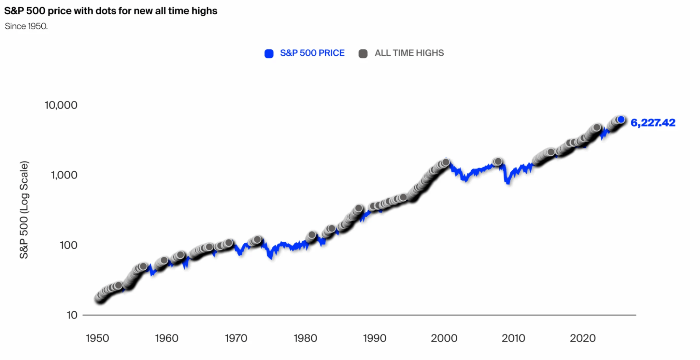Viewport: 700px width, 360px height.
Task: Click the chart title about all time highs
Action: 111,11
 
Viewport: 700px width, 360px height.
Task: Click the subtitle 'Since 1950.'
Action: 26,26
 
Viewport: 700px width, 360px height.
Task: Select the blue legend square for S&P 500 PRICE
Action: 269,54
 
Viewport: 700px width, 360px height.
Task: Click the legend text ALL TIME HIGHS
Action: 409,53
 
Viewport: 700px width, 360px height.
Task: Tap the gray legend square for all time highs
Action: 363,54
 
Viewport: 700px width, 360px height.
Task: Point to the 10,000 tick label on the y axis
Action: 61,105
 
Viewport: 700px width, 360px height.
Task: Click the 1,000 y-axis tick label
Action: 64,175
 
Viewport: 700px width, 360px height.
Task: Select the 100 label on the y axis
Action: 68,245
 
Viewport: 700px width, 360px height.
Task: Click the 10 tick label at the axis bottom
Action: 72,315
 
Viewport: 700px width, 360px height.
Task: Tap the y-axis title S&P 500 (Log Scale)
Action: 24,210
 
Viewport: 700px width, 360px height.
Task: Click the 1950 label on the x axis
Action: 97,338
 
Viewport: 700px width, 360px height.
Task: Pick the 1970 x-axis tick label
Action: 236,338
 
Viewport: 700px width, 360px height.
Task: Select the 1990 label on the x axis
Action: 374,338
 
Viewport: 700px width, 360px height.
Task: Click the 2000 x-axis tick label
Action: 444,338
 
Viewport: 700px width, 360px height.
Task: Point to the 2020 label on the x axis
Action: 582,338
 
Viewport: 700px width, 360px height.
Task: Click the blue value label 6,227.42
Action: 653,123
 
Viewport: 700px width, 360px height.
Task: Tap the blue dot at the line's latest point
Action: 621,120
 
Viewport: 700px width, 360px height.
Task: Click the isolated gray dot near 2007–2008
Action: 498,162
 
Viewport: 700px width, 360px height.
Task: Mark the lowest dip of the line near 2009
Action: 508,182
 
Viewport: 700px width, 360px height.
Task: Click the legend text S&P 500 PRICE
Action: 312,53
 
